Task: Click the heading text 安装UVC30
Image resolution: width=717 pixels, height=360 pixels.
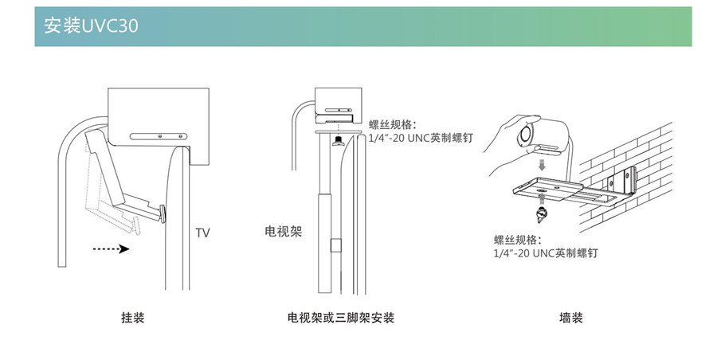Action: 92,26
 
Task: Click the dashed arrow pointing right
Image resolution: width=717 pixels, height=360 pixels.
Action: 111,249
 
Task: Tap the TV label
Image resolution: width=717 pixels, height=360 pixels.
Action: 203,233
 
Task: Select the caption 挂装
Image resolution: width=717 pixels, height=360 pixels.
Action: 133,319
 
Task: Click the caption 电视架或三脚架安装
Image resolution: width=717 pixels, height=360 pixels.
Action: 341,319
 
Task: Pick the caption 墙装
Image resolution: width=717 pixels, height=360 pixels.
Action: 571,319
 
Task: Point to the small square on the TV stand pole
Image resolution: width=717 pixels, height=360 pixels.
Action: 335,247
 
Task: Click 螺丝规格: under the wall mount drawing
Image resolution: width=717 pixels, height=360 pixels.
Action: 518,240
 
